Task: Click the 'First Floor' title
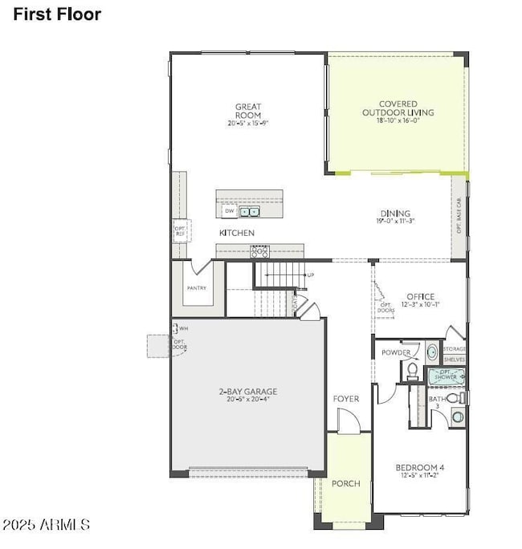pyautogui.click(x=57, y=14)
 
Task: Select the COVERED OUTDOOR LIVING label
pyautogui.click(x=396, y=108)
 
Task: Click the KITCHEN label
pyautogui.click(x=237, y=233)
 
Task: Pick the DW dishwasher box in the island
pyautogui.click(x=230, y=212)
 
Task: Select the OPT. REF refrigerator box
pyautogui.click(x=180, y=230)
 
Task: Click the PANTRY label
pyautogui.click(x=196, y=288)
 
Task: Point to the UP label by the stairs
pyautogui.click(x=310, y=275)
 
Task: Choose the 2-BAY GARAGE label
pyautogui.click(x=248, y=392)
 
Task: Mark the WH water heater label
pyautogui.click(x=184, y=328)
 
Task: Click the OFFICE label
pyautogui.click(x=420, y=297)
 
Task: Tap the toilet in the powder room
pyautogui.click(x=412, y=371)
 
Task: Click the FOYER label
pyautogui.click(x=346, y=399)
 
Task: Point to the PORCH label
pyautogui.click(x=346, y=483)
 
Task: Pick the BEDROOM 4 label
pyautogui.click(x=419, y=467)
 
